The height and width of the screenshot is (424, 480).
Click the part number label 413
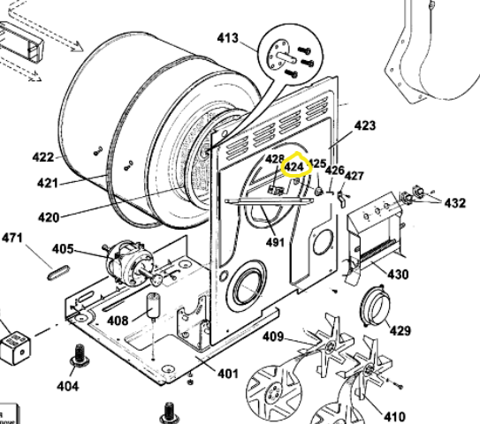click(228, 38)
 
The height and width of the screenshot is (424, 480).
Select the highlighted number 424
click(293, 165)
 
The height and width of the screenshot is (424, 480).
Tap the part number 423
click(365, 125)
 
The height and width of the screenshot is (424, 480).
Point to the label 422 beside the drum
click(43, 157)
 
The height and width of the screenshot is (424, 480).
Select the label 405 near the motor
click(88, 249)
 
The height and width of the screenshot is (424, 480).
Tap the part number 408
click(118, 320)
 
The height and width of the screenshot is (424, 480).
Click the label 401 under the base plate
click(227, 374)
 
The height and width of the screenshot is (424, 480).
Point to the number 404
click(67, 386)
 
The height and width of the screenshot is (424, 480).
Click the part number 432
click(454, 203)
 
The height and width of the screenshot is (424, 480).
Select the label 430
click(398, 275)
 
